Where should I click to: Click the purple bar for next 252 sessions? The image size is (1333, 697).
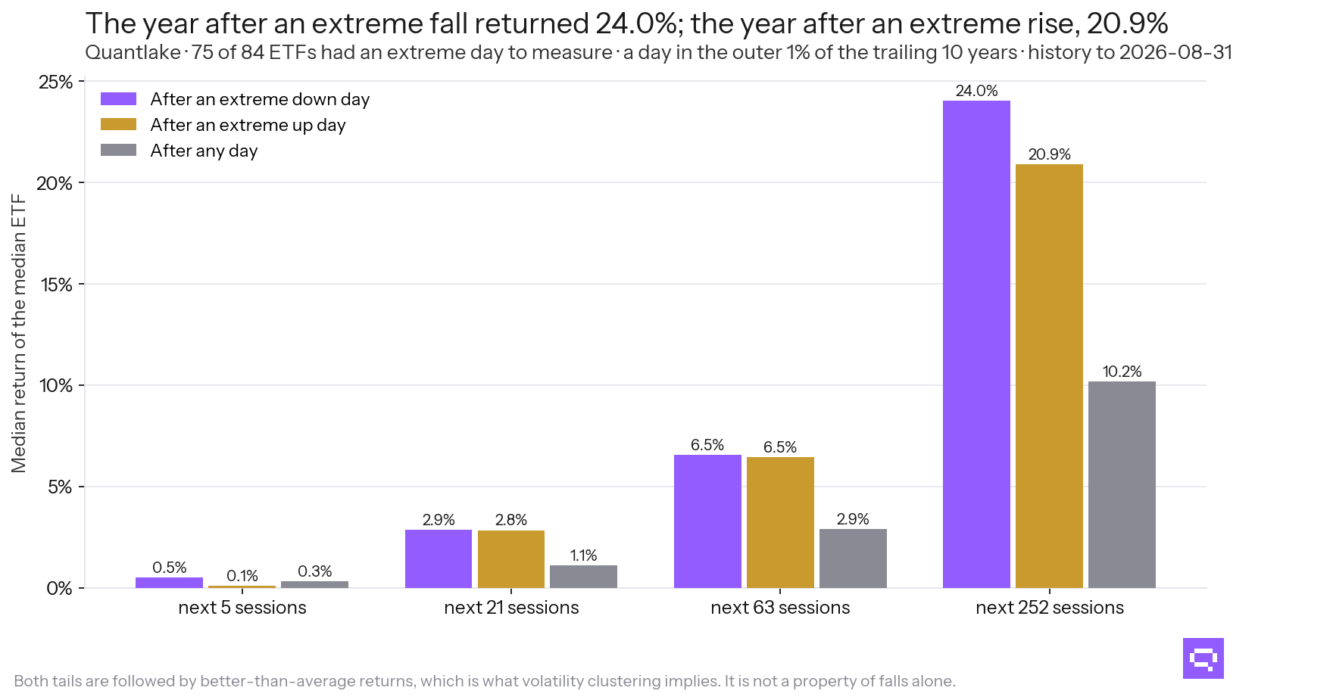point(976,344)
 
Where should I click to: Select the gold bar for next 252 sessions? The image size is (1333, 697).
point(1049,376)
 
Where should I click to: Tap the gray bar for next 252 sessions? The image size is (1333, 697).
point(1122,484)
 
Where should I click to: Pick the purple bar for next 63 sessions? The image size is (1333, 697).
point(707,521)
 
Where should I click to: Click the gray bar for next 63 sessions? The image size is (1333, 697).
point(853,559)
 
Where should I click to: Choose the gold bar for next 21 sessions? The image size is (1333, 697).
point(511,559)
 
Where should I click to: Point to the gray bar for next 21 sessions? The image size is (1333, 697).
point(583,577)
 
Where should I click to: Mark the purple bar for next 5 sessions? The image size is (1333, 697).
point(169,583)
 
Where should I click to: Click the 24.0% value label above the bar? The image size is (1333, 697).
point(976,91)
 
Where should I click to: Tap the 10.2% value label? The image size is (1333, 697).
point(1122,372)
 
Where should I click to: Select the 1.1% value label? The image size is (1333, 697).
point(583,555)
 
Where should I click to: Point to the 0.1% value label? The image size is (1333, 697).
point(242,576)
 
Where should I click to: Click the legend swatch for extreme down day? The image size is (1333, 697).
point(118,99)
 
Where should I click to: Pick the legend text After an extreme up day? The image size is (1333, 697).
point(248,125)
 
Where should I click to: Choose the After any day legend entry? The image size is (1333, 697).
point(180,151)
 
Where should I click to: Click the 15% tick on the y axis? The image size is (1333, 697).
point(56,285)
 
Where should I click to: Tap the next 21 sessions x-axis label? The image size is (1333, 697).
point(511,608)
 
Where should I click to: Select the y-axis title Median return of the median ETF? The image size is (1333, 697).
point(19,334)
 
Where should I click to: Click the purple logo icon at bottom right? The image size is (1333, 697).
point(1203,658)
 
